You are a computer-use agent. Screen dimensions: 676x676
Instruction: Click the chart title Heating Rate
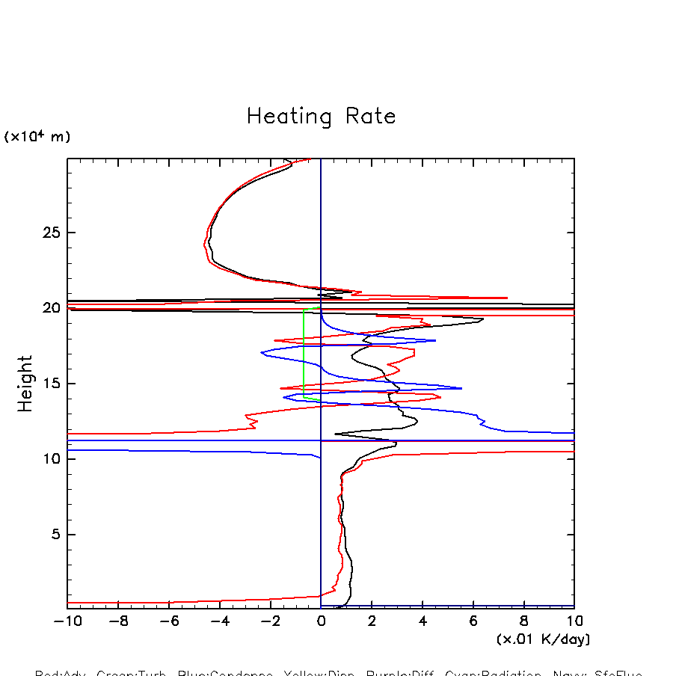point(321,117)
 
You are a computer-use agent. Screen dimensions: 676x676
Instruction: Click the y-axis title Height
point(26,383)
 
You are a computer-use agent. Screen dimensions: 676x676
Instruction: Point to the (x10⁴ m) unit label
point(37,137)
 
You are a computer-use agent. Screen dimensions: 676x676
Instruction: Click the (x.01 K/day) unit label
point(544,639)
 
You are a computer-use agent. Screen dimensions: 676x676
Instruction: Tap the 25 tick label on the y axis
point(49,233)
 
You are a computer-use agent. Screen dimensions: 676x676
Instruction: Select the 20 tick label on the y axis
point(49,308)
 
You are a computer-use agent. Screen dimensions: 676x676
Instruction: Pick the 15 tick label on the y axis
point(49,384)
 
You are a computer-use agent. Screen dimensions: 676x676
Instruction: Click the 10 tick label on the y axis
point(49,459)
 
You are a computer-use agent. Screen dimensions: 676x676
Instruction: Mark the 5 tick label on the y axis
point(54,535)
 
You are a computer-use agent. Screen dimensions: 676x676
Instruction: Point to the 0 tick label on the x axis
point(321,621)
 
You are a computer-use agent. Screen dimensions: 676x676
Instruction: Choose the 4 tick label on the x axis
point(423,621)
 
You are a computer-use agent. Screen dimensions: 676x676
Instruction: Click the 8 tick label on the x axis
point(523,621)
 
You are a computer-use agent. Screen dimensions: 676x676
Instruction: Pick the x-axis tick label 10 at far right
point(574,621)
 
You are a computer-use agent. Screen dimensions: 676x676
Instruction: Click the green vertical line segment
point(304,351)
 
